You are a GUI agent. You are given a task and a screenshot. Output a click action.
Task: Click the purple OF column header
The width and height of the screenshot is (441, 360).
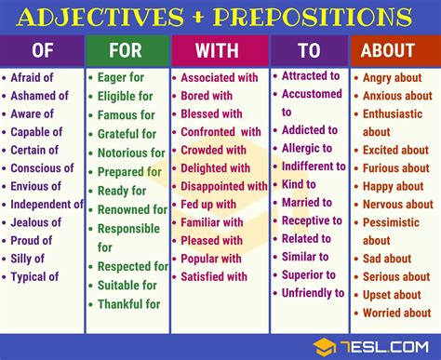pos(42,50)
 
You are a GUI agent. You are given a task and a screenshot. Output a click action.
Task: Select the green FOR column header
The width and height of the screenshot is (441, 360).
pos(127,50)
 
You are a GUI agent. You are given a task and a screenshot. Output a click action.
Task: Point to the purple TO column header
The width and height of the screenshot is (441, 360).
pos(309,50)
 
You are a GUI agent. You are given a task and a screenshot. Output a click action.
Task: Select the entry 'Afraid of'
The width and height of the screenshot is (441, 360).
pos(33,78)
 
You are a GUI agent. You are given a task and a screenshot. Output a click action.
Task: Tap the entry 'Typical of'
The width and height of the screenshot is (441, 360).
pos(35,276)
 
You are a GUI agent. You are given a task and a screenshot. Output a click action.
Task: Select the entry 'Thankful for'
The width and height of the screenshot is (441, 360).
pos(128,303)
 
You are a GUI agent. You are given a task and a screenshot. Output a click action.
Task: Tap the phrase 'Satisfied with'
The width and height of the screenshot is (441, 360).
pos(214,275)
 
